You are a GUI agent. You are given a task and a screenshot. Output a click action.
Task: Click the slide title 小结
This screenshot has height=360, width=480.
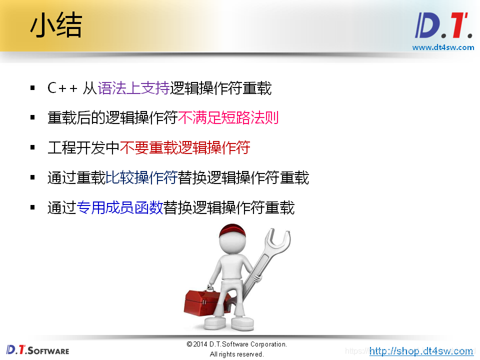coord(55,26)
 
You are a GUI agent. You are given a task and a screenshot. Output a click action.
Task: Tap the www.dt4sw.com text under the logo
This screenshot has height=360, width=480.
coord(443,47)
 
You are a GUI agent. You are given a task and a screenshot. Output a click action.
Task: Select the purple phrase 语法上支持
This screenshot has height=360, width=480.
coord(133,88)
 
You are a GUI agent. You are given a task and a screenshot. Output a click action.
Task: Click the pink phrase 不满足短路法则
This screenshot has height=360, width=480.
coord(228,118)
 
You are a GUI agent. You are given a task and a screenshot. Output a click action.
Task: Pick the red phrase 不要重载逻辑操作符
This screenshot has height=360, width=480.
coord(185,148)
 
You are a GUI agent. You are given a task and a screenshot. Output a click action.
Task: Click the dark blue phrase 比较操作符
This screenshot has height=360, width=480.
coord(141,177)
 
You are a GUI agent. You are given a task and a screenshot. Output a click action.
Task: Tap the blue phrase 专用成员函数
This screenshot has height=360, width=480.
coord(120,207)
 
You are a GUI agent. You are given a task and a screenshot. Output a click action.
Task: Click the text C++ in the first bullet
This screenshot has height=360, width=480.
coord(62,88)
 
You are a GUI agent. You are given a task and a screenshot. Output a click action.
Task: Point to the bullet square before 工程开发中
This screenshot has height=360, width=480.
coord(32,147)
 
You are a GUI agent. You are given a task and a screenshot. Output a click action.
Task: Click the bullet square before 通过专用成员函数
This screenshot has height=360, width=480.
coord(32,207)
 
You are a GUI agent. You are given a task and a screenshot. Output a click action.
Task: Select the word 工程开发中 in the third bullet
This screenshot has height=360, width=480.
coord(83,148)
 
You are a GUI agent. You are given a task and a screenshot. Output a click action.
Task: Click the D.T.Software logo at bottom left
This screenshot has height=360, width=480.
coord(37,350)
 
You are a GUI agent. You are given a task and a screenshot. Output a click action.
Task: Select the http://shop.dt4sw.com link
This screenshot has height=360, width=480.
coord(421,351)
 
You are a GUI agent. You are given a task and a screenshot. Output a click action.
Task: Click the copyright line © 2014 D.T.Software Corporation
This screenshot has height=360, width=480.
coord(236,344)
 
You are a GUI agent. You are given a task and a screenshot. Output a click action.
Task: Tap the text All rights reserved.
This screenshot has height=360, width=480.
coord(236,354)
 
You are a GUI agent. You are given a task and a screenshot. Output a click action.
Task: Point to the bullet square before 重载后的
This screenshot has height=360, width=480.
coord(32,118)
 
